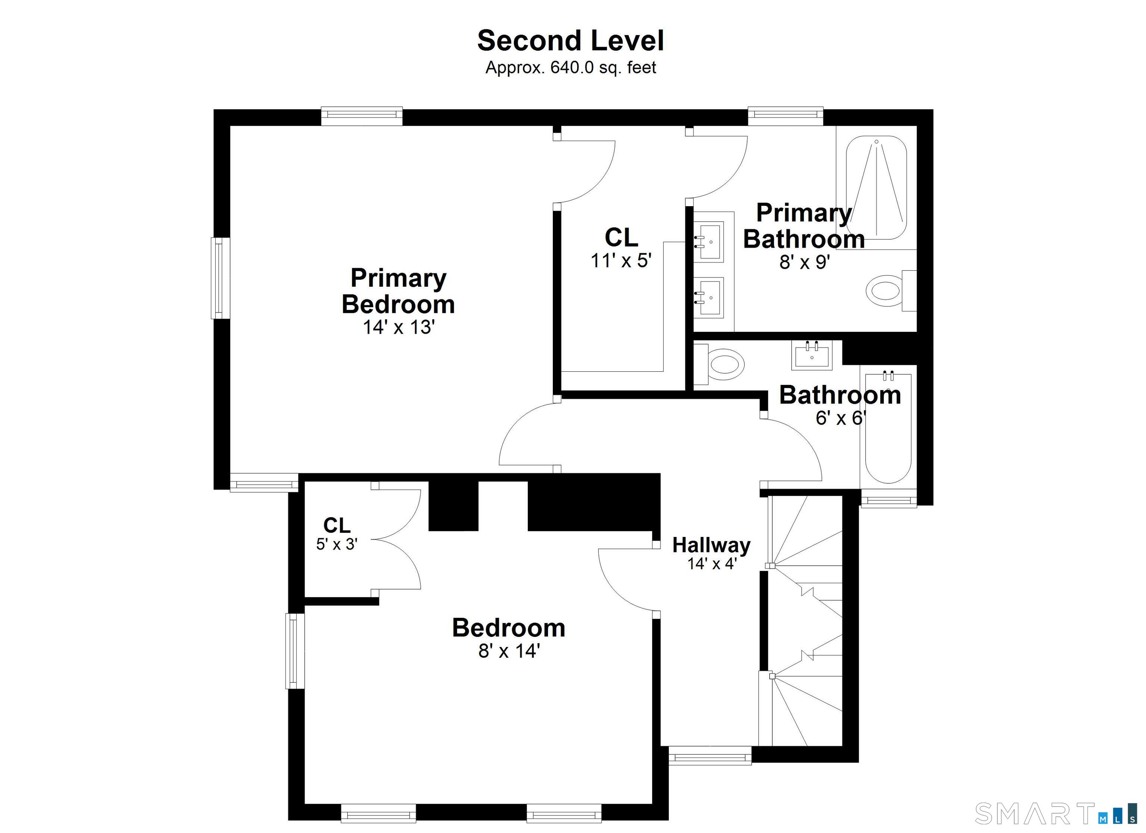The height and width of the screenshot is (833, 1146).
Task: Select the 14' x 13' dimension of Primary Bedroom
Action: pyautogui.click(x=399, y=327)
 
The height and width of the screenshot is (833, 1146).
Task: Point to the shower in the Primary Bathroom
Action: pyautogui.click(x=877, y=188)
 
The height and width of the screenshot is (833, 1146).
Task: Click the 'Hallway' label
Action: pyautogui.click(x=711, y=545)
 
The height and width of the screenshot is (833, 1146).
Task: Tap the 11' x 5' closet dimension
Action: pyautogui.click(x=621, y=261)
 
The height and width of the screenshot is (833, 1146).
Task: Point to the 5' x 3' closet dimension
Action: pyautogui.click(x=337, y=544)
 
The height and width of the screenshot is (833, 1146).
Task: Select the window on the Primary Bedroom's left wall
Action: pyautogui.click(x=220, y=278)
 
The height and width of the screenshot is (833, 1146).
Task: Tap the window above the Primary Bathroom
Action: pyautogui.click(x=786, y=116)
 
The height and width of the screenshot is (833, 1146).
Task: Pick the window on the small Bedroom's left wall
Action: pyautogui.click(x=295, y=651)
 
